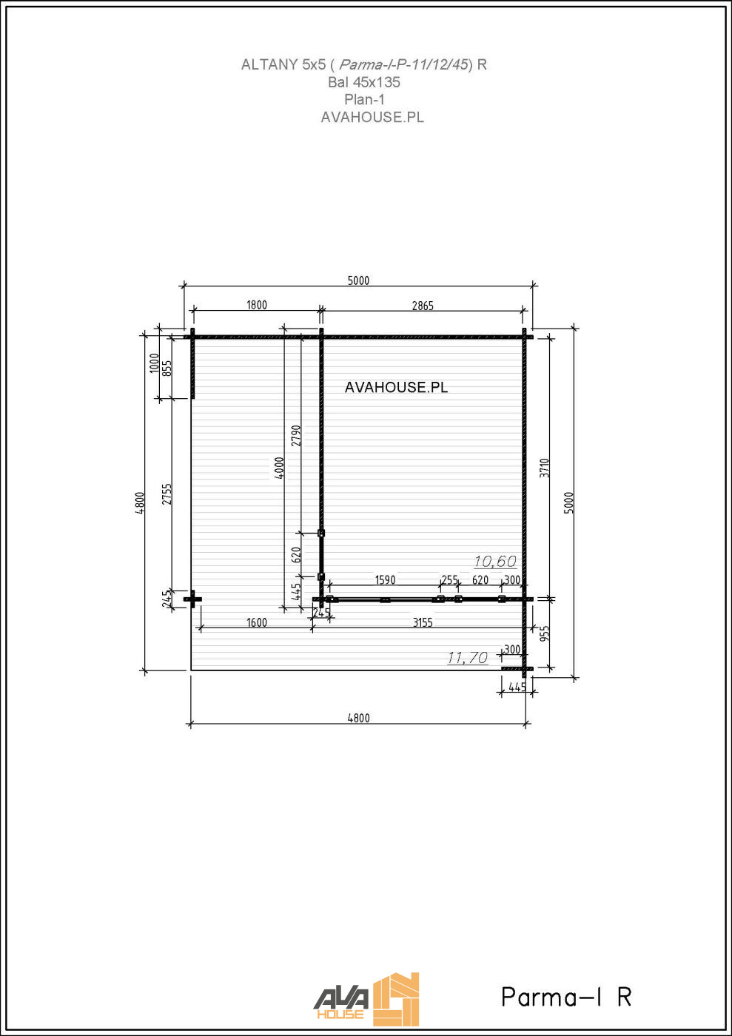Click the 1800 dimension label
coord(257,305)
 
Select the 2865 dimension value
coord(423,306)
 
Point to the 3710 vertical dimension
coord(545,468)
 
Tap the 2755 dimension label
coord(167,494)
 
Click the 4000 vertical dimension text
coord(279,467)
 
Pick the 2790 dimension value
coord(296,435)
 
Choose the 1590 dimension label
coord(385,580)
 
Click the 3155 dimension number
coord(423,622)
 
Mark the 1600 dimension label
coord(257,622)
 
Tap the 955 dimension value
coord(545,634)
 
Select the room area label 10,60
coord(495,562)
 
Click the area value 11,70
coord(467,657)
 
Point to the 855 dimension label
coord(167,368)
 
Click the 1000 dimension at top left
coord(155,363)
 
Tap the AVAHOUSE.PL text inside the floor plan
coord(396,387)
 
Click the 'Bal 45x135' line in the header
coord(363,82)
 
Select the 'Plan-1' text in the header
coord(364,99)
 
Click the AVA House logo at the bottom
coord(366,999)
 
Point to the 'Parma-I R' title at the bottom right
coord(566,997)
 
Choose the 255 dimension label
coord(449,580)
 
